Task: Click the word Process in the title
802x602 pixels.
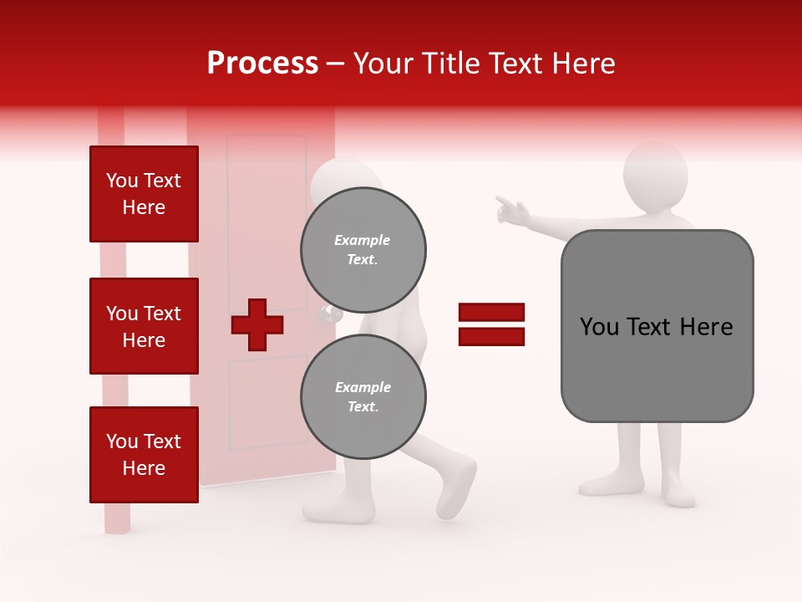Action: tap(262, 64)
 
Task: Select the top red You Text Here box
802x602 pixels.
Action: tap(144, 194)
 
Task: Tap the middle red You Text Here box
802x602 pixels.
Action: tap(144, 326)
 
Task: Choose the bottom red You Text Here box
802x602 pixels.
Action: tap(144, 454)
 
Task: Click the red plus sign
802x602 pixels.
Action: tap(257, 324)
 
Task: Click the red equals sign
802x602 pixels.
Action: tap(491, 324)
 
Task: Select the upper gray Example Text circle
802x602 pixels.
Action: tap(363, 249)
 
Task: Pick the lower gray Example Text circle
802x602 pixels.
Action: tap(363, 396)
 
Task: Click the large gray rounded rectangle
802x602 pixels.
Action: tap(657, 326)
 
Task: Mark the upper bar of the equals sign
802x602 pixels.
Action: tap(491, 313)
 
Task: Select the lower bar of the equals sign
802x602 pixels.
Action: tap(491, 336)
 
